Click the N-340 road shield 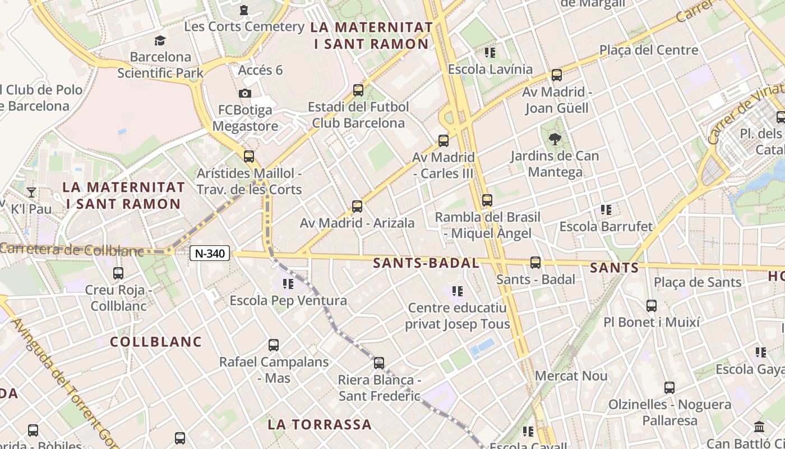point(211,254)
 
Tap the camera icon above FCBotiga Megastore point(245,93)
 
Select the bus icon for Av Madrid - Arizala point(357,207)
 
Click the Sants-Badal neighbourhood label point(426,263)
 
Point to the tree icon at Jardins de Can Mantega point(555,139)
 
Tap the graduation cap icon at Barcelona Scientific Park point(160,40)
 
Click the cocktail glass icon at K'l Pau point(31,193)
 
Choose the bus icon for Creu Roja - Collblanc point(118,273)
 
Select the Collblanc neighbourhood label point(155,341)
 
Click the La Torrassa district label point(320,424)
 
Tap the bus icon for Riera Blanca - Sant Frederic point(379,363)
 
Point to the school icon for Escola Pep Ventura point(288,284)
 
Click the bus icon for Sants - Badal point(535,263)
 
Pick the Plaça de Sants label point(698,282)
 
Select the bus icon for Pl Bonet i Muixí point(652,306)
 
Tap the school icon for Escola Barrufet point(606,210)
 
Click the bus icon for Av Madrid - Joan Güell point(557,75)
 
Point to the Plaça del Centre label point(649,50)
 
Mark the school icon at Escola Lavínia point(490,53)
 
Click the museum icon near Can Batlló point(760,427)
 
